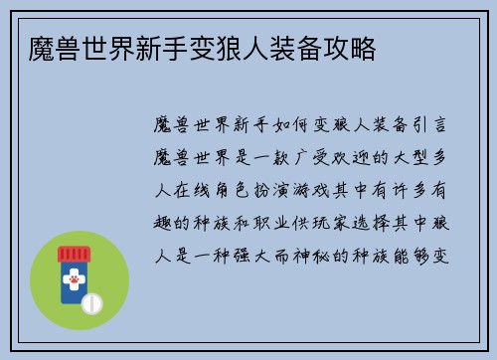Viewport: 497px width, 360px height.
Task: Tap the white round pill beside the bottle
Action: pos(91,301)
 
